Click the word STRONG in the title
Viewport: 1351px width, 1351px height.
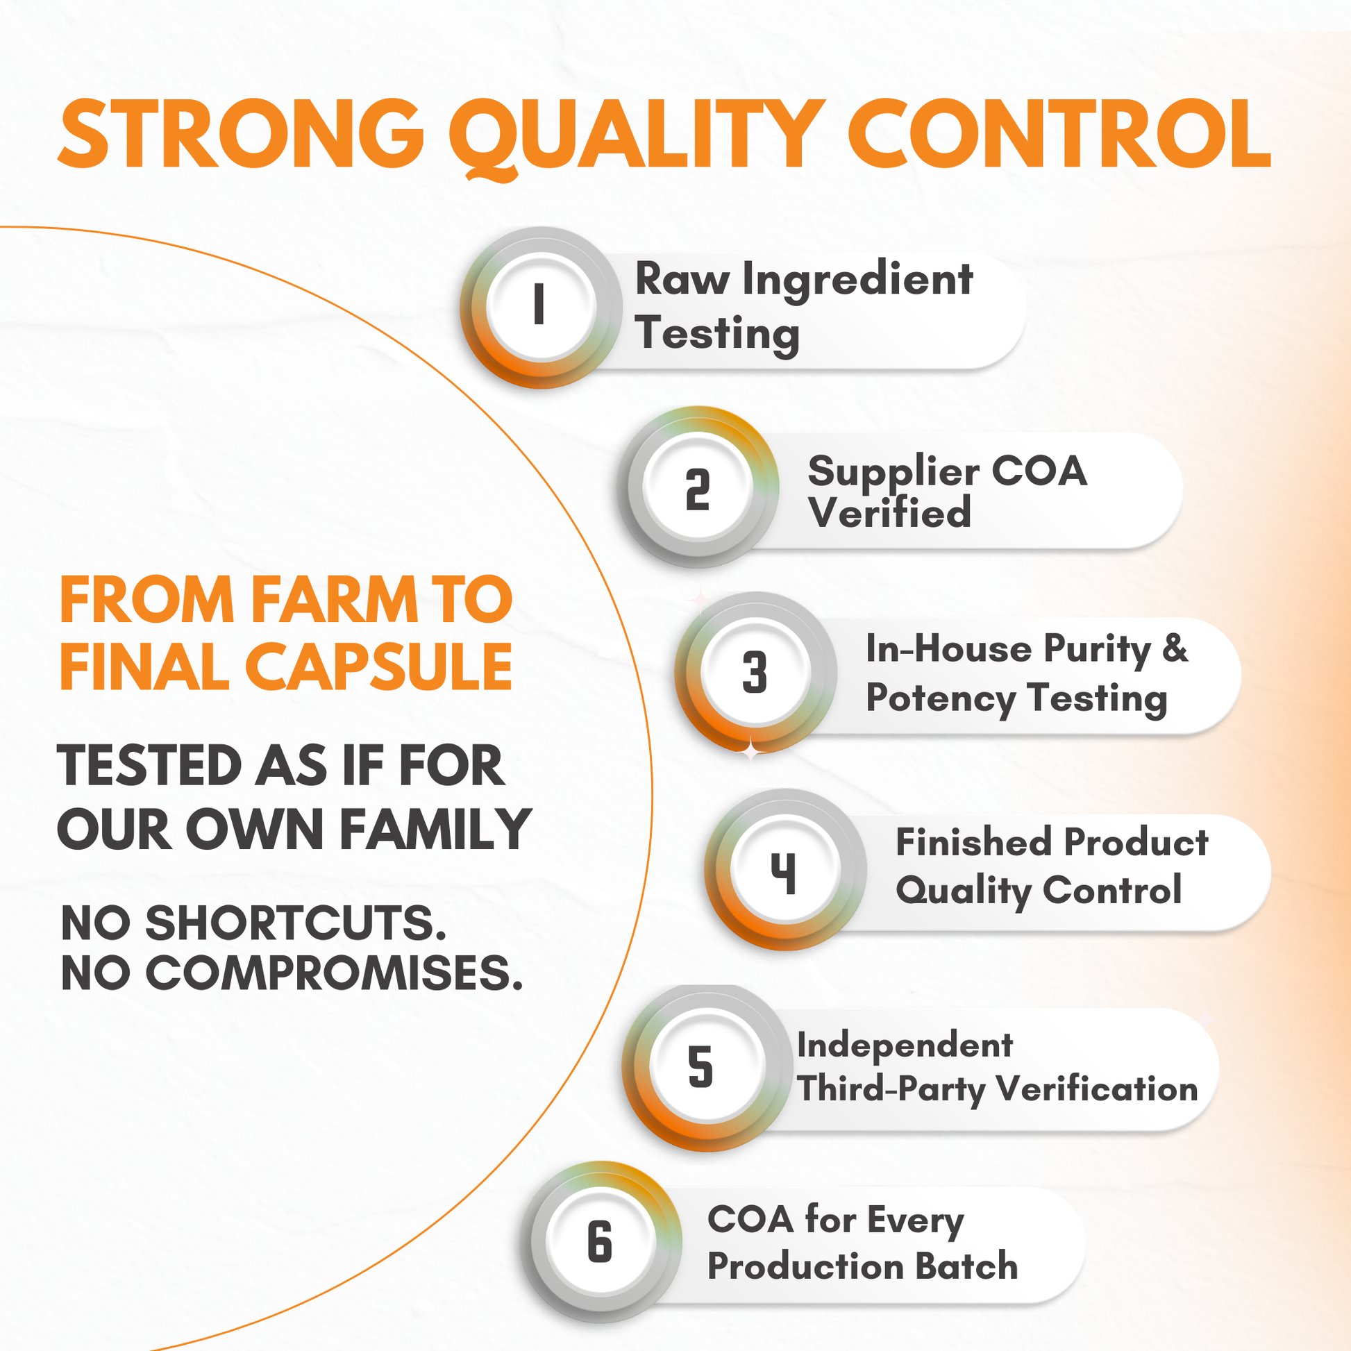click(242, 133)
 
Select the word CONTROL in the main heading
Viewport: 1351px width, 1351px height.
click(1059, 133)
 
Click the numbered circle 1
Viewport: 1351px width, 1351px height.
click(541, 308)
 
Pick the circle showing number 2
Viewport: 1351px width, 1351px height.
click(698, 487)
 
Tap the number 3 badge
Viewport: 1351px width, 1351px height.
click(755, 673)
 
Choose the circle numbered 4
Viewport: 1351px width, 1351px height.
click(785, 870)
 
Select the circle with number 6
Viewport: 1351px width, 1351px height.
click(601, 1243)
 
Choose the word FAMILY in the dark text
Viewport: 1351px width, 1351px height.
click(436, 830)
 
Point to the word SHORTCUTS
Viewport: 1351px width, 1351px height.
click(296, 923)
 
